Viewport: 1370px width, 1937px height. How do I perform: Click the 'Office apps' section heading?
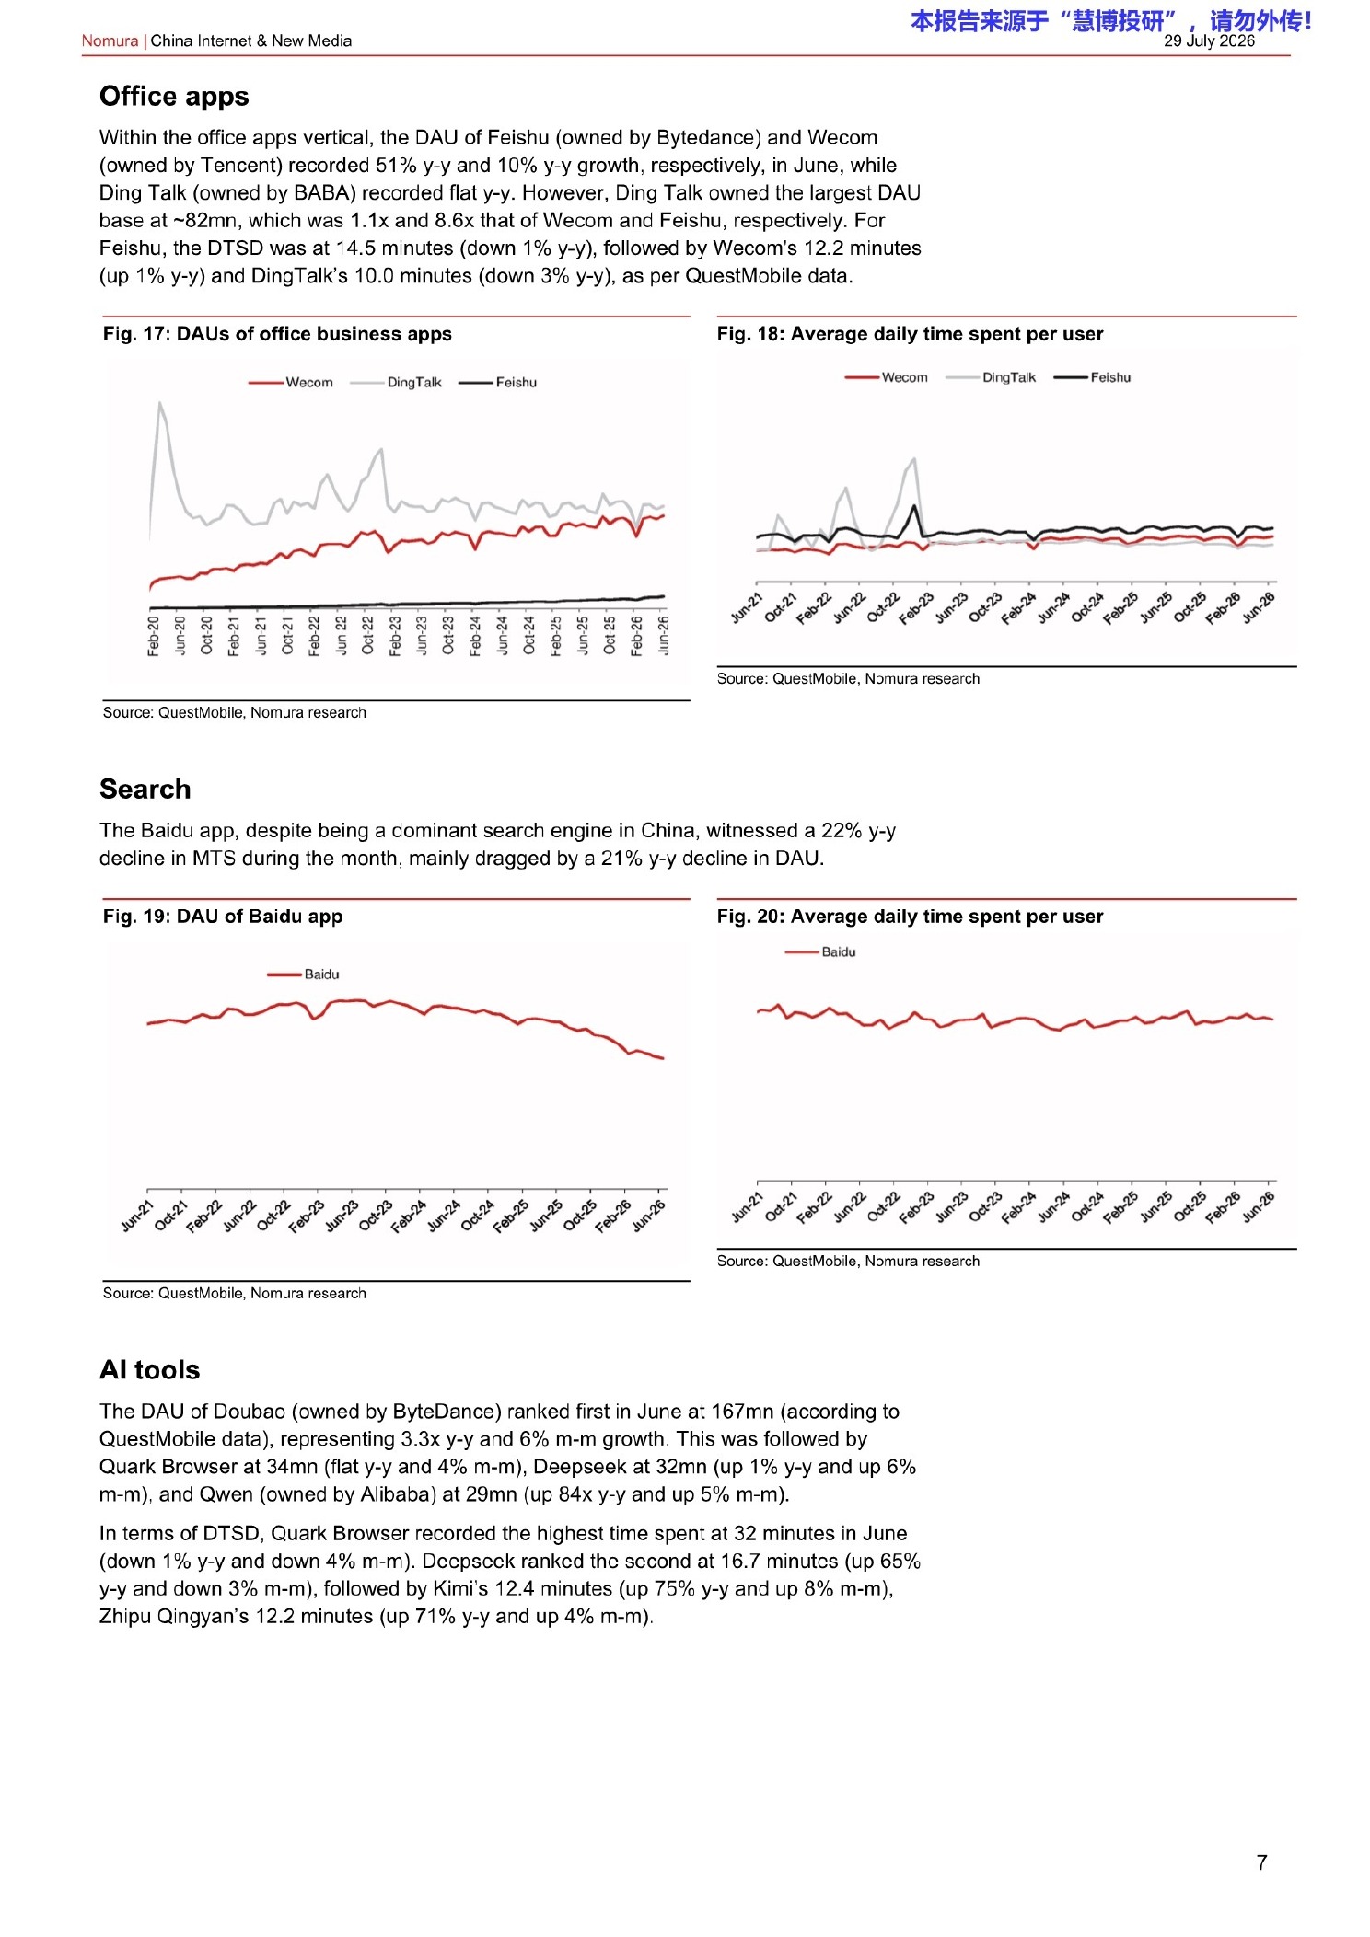pyautogui.click(x=174, y=97)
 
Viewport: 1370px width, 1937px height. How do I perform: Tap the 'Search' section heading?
pyautogui.click(x=145, y=790)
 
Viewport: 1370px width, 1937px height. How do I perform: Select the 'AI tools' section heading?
pyautogui.click(x=150, y=1370)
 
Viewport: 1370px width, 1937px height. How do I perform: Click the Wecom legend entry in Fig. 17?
pyautogui.click(x=291, y=383)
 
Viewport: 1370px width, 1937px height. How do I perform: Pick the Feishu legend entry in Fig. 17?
pyautogui.click(x=497, y=383)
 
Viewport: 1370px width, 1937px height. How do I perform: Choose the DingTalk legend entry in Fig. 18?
pyautogui.click(x=991, y=377)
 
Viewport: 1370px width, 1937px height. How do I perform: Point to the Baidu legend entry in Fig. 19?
pyautogui.click(x=303, y=974)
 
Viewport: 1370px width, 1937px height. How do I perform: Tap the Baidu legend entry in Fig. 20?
pyautogui.click(x=820, y=952)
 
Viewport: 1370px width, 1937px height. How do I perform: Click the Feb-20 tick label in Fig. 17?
pyautogui.click(x=154, y=636)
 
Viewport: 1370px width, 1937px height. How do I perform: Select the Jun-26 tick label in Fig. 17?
pyautogui.click(x=664, y=636)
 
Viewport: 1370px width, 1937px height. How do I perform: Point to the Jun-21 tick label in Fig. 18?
pyautogui.click(x=748, y=607)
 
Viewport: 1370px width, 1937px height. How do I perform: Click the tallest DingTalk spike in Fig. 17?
pyautogui.click(x=161, y=402)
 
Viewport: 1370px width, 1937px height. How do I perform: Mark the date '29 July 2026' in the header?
pyautogui.click(x=1209, y=41)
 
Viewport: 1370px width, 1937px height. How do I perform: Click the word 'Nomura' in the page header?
pyautogui.click(x=110, y=41)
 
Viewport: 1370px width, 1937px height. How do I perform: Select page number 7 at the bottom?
pyautogui.click(x=1262, y=1862)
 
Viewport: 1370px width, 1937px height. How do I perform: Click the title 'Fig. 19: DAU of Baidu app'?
pyautogui.click(x=223, y=917)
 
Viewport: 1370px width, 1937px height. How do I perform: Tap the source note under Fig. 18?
pyautogui.click(x=848, y=679)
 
